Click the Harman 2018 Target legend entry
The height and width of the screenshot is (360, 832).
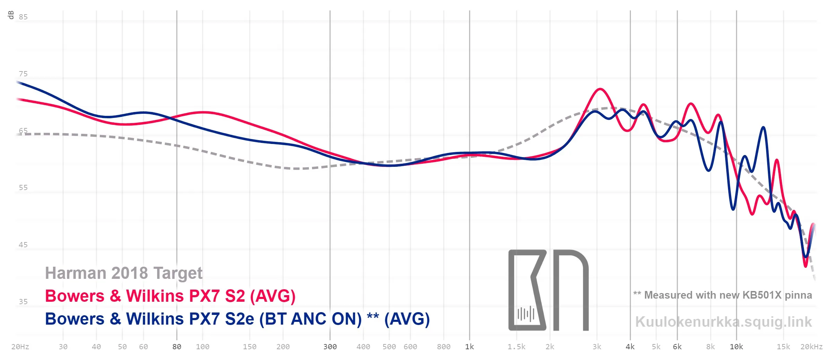(x=124, y=273)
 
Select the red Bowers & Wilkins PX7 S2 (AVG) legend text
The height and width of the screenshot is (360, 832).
(x=170, y=296)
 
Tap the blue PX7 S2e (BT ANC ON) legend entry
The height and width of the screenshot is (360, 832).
(x=237, y=319)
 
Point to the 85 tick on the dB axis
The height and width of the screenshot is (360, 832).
(x=23, y=17)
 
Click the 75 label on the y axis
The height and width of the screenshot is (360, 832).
(x=23, y=74)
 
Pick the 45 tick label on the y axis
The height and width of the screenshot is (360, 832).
(x=23, y=245)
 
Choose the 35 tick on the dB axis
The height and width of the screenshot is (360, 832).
(x=23, y=302)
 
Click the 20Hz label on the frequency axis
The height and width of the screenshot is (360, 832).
(x=20, y=347)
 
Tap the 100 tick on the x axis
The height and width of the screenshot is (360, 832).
(x=202, y=347)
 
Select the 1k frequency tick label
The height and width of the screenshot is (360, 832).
(x=469, y=347)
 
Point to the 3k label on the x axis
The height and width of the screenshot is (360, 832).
(x=597, y=347)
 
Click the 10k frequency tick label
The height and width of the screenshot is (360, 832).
(x=736, y=347)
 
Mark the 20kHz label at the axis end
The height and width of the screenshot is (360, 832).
(x=811, y=347)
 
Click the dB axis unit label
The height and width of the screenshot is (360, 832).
(x=11, y=15)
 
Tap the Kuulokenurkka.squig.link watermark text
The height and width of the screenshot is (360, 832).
(x=723, y=322)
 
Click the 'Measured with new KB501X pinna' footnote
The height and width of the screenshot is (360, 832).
(x=723, y=295)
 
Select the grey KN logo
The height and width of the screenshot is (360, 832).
(x=548, y=290)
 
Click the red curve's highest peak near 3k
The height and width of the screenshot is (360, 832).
(x=600, y=89)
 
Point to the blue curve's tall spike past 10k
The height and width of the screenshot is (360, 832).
(x=763, y=127)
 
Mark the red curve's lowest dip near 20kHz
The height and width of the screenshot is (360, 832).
(x=806, y=266)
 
